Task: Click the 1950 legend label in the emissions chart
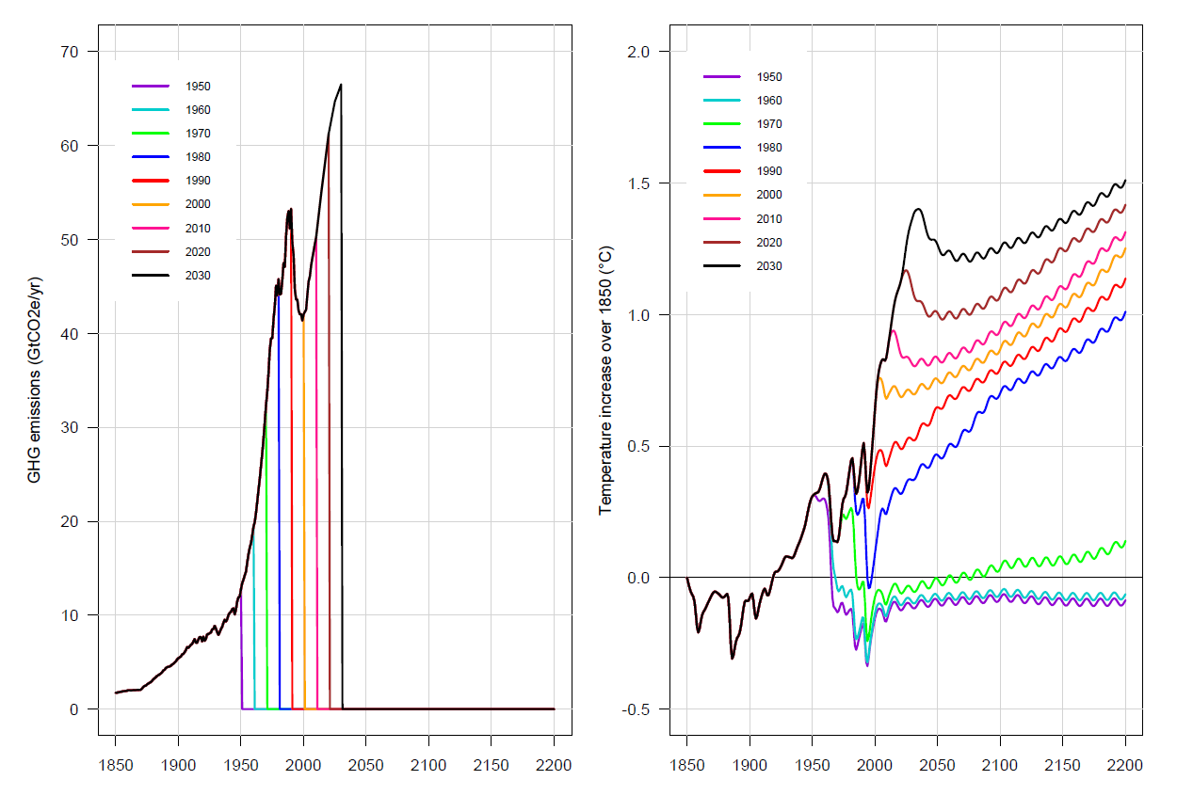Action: coord(199,87)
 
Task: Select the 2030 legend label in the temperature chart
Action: coord(769,266)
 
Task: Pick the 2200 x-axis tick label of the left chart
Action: coord(554,765)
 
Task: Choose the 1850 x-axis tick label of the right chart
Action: coord(686,765)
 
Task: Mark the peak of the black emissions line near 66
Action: coord(341,85)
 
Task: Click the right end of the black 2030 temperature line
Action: coord(1125,181)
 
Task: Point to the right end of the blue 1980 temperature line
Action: coord(1125,312)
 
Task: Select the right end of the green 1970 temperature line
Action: coord(1125,541)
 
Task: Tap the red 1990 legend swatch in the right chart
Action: coord(721,171)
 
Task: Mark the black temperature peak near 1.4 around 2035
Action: coord(918,209)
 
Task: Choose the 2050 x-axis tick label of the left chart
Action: coord(366,765)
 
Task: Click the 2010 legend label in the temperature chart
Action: coord(769,219)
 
